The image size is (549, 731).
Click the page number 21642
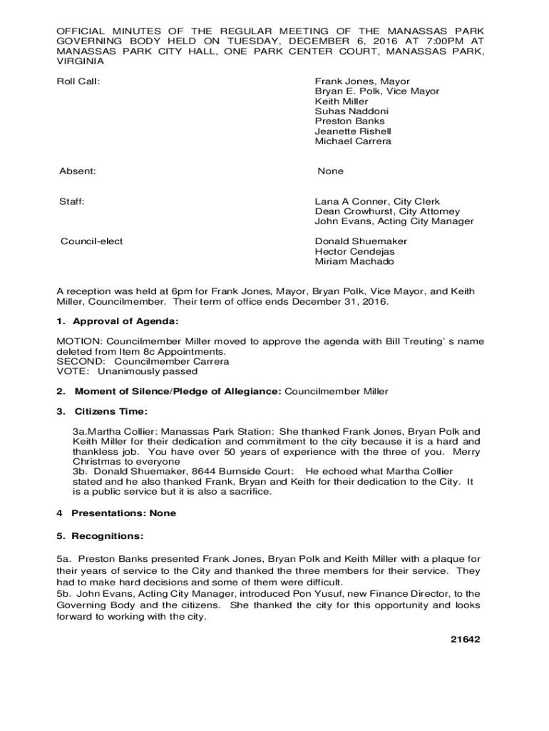click(466, 639)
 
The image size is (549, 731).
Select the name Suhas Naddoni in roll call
click(353, 111)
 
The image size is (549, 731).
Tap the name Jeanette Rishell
click(353, 131)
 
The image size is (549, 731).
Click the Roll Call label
click(78, 81)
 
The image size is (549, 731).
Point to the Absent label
click(78, 171)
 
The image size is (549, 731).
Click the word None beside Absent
click(330, 171)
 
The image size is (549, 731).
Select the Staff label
click(72, 202)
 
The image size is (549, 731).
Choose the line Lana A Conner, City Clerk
click(377, 202)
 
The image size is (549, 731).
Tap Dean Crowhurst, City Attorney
click(387, 212)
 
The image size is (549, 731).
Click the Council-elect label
click(91, 241)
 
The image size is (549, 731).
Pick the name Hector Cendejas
click(354, 251)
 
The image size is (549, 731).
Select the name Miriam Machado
click(354, 261)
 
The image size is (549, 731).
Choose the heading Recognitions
click(108, 535)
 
